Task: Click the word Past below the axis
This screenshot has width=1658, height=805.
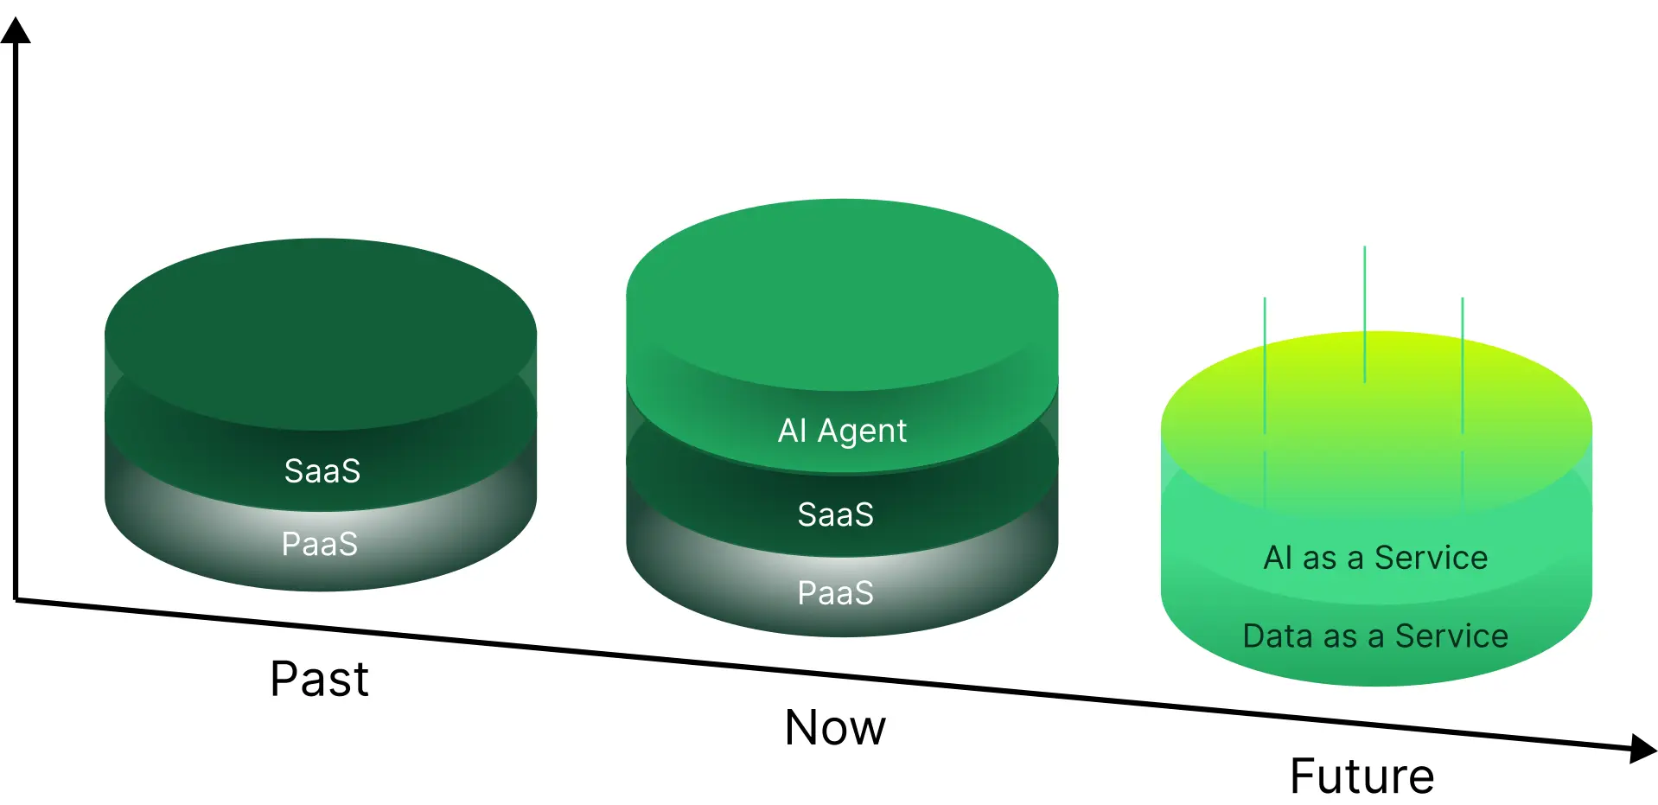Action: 319,679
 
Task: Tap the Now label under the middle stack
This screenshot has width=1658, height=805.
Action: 835,727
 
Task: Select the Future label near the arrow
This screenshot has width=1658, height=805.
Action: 1361,776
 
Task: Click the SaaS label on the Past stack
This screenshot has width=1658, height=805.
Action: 322,471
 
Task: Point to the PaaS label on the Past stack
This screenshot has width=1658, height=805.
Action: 319,544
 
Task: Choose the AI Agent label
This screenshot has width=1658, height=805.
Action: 842,431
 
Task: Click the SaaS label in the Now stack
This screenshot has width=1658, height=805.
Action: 835,514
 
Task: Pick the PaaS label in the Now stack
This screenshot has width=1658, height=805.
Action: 835,593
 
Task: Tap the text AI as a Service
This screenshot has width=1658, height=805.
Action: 1375,558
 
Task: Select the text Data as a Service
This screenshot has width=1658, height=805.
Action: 1375,636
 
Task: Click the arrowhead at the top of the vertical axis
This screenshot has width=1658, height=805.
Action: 16,31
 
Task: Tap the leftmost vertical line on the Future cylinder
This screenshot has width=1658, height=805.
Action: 1265,363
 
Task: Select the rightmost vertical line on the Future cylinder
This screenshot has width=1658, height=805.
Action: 1462,363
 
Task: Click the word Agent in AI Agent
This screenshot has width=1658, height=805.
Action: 862,431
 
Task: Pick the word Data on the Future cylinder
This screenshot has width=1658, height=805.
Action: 1275,636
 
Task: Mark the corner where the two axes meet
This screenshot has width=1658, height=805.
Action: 16,598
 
